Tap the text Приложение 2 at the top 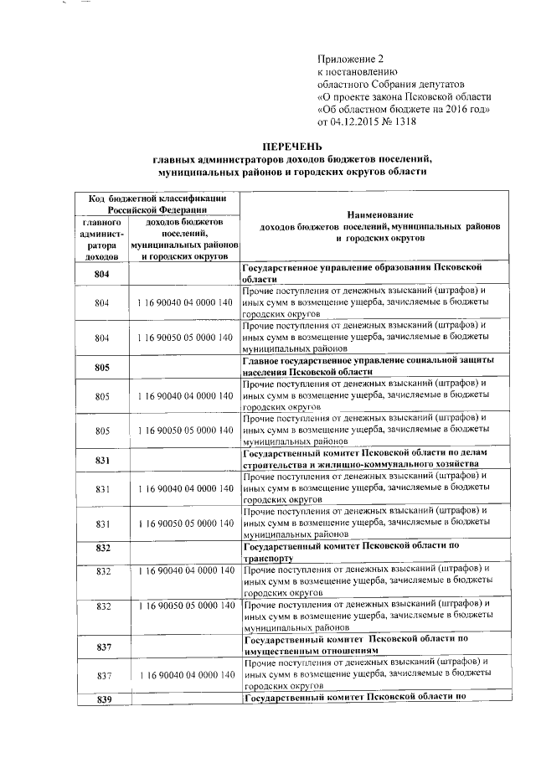353,59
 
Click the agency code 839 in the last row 104,699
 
